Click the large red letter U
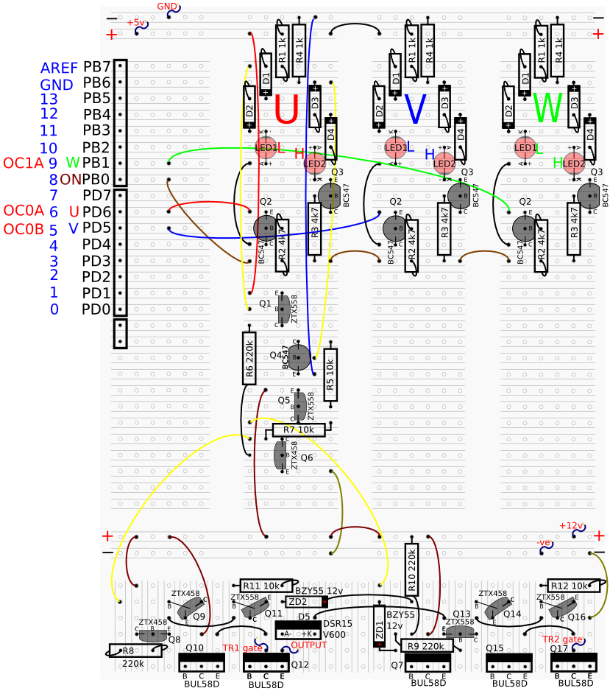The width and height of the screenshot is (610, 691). [286, 111]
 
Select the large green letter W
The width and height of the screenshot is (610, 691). [548, 108]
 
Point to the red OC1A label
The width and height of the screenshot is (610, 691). [24, 164]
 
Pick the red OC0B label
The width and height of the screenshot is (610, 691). [24, 229]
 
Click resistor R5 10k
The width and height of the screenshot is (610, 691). [330, 373]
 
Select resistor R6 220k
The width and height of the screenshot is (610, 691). [249, 358]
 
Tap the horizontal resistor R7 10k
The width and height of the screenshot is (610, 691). [299, 429]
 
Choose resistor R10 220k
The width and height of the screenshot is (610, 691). [412, 569]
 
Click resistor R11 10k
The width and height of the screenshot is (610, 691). [260, 585]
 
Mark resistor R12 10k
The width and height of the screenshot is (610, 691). [572, 586]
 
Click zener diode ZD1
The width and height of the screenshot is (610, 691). [379, 626]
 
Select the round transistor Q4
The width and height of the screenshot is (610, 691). [299, 357]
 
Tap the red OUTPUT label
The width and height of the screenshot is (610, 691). [308, 645]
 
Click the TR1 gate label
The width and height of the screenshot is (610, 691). [242, 648]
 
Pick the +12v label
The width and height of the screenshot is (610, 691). [570, 526]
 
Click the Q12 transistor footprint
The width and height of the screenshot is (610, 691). [266, 662]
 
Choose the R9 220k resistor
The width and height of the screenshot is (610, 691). [427, 646]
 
